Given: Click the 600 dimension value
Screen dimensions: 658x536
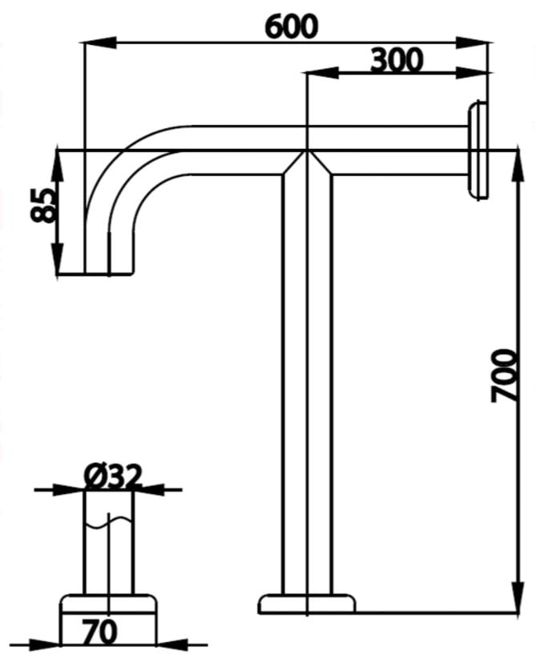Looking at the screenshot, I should point(292,26).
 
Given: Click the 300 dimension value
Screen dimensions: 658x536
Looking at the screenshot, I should point(397,59).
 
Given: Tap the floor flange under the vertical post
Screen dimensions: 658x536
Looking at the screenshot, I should point(306,604).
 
